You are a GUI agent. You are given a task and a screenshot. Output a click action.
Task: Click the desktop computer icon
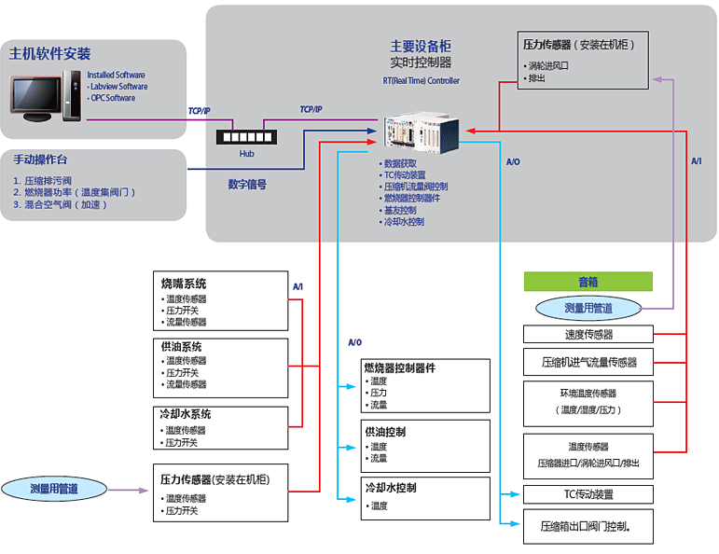point(43,96)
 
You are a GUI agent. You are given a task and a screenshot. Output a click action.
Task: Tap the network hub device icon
point(246,136)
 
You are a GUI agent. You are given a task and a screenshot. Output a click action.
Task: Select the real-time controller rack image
point(419,134)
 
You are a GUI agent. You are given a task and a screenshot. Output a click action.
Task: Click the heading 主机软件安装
point(50,53)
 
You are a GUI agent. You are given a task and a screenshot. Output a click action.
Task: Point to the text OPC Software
point(112,98)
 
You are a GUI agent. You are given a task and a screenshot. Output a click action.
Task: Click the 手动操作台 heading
point(40,159)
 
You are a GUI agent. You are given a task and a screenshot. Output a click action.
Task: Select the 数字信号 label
point(247,185)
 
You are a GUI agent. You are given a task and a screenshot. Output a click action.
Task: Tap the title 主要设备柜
point(420,46)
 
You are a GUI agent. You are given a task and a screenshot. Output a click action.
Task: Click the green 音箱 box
point(588,281)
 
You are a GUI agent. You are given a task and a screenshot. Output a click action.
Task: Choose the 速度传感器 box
point(588,334)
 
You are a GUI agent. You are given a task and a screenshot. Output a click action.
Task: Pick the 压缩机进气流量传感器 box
point(588,362)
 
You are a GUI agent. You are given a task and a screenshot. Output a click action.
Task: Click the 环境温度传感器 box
point(588,401)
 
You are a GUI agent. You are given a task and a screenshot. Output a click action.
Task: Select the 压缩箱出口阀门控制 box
point(588,527)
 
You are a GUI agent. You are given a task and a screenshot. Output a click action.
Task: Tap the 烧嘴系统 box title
point(184,284)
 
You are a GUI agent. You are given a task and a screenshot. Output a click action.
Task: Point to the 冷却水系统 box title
point(187,414)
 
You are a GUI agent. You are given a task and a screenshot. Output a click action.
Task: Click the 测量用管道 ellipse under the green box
point(588,308)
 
